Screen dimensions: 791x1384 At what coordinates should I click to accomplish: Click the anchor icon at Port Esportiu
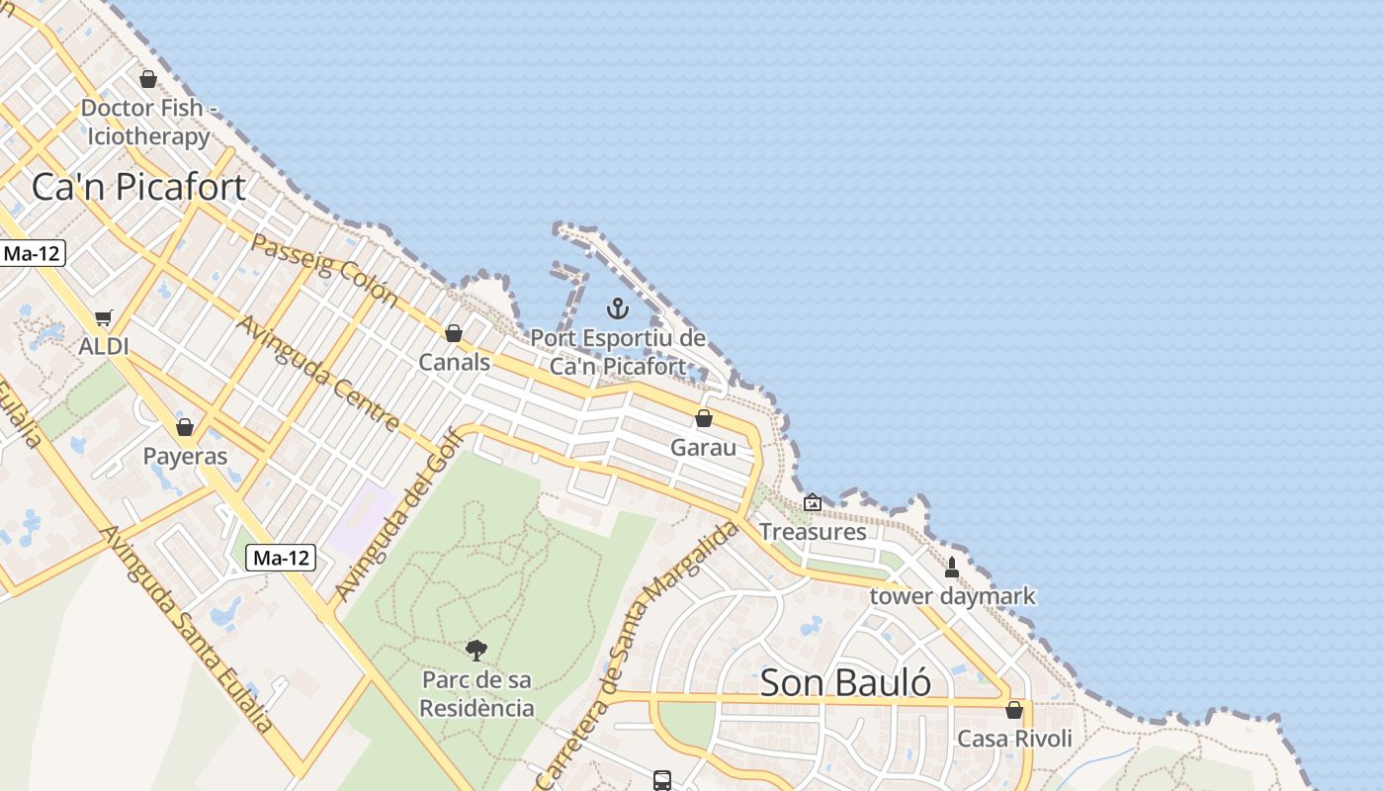pyautogui.click(x=618, y=308)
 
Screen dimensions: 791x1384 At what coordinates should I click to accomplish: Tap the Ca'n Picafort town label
pyautogui.click(x=138, y=186)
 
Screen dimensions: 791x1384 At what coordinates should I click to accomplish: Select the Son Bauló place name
pyautogui.click(x=845, y=682)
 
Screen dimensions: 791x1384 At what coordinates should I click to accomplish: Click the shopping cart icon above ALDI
pyautogui.click(x=104, y=318)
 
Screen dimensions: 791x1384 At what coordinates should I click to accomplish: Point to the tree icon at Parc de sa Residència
pyautogui.click(x=476, y=650)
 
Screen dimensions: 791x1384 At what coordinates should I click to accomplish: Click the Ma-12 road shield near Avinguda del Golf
pyautogui.click(x=281, y=558)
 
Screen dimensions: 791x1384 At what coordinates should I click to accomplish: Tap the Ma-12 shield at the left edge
pyautogui.click(x=32, y=253)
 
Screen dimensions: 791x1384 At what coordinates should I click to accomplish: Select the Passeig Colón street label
pyautogui.click(x=324, y=270)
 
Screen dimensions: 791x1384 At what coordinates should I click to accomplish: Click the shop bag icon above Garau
pyautogui.click(x=704, y=418)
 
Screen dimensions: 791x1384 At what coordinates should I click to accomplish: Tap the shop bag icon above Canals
pyautogui.click(x=454, y=333)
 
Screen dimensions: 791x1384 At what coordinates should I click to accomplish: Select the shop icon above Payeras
pyautogui.click(x=185, y=427)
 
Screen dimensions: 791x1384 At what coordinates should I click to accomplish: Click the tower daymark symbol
pyautogui.click(x=952, y=568)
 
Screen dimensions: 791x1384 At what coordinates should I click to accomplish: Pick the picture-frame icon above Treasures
pyautogui.click(x=813, y=502)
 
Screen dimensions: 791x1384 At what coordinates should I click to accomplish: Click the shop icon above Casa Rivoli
pyautogui.click(x=1014, y=710)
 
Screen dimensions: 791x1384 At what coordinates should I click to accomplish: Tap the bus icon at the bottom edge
pyautogui.click(x=662, y=780)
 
